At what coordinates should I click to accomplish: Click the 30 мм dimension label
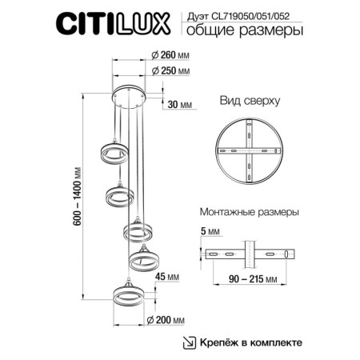[x=181, y=105]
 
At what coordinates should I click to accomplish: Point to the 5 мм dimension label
[x=206, y=231]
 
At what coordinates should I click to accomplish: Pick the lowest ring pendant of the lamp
[x=127, y=297]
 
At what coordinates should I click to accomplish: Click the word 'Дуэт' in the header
[x=198, y=14]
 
